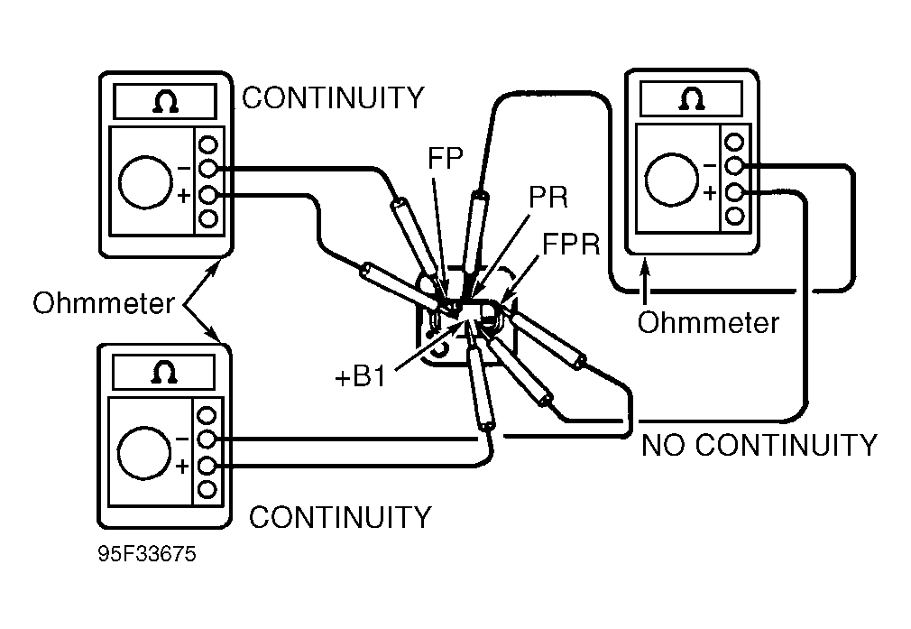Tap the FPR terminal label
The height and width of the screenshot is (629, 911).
point(571,245)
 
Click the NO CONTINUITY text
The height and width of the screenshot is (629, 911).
point(759,445)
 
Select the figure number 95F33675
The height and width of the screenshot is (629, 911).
point(147,552)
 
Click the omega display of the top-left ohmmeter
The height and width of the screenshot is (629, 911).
point(166,101)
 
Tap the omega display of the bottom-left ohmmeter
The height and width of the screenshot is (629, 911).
point(166,370)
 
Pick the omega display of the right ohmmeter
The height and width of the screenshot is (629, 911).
point(693,97)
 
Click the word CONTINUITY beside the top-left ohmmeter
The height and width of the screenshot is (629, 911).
point(333,97)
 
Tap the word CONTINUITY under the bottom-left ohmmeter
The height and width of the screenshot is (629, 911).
point(340,517)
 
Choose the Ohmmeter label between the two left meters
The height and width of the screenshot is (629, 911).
point(103,303)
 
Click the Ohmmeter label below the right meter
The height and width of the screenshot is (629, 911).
point(708,322)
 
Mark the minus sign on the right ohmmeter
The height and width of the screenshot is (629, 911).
point(710,165)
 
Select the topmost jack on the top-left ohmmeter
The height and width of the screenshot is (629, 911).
point(208,144)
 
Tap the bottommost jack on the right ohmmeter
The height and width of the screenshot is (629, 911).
point(735,216)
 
